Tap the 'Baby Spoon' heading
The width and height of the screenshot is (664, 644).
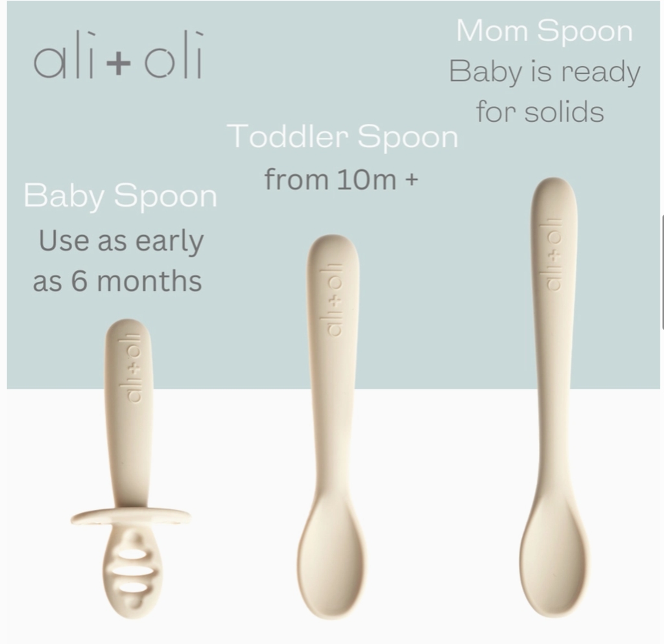tap(120, 196)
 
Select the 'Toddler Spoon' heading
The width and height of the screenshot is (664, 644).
tap(342, 137)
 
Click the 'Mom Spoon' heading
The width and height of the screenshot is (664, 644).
tap(544, 31)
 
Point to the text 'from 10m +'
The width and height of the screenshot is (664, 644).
tap(341, 179)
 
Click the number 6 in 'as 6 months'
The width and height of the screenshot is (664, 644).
tap(79, 282)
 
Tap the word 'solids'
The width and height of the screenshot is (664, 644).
tap(564, 111)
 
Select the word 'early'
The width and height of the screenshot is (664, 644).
tap(169, 242)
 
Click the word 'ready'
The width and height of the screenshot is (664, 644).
tap(601, 72)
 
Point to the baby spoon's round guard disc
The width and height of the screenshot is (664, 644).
tap(130, 517)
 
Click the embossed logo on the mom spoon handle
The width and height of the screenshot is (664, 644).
tap(553, 254)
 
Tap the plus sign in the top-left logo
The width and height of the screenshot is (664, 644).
tap(117, 65)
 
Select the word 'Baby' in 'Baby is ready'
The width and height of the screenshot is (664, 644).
tap(480, 72)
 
